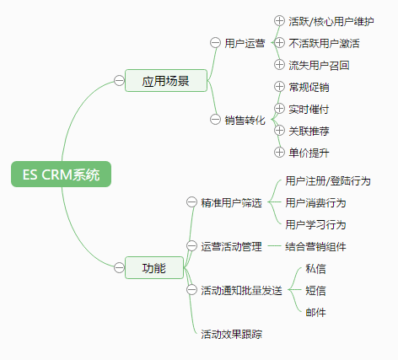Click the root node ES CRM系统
pyautogui.click(x=61, y=174)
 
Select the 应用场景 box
pyautogui.click(x=166, y=81)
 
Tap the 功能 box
pyautogui.click(x=154, y=267)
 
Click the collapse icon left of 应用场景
pyautogui.click(x=119, y=80)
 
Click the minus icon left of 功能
pyautogui.click(x=119, y=267)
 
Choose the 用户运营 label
pyautogui.click(x=245, y=43)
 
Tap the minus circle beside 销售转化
pyautogui.click(x=215, y=120)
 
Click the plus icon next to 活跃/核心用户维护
pyautogui.click(x=279, y=20)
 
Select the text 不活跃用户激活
pyautogui.click(x=324, y=43)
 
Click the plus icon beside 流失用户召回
pyautogui.click(x=279, y=64)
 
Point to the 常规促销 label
pyautogui.click(x=309, y=87)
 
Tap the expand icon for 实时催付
pyautogui.click(x=279, y=108)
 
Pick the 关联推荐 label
pyautogui.click(x=309, y=131)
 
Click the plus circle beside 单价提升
pyautogui.click(x=279, y=152)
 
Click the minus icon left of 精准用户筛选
pyautogui.click(x=191, y=202)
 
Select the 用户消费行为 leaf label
pyautogui.click(x=315, y=202)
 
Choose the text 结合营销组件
pyautogui.click(x=315, y=246)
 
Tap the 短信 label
pyautogui.click(x=315, y=290)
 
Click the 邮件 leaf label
pyautogui.click(x=315, y=312)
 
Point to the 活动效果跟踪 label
pyautogui.click(x=231, y=334)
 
